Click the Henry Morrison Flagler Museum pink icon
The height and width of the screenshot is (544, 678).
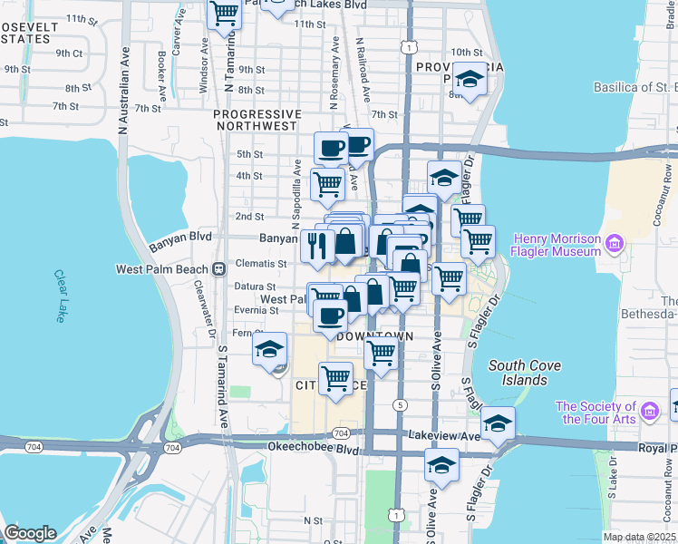click(x=614, y=242)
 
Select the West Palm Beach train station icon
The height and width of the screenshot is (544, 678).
click(x=218, y=269)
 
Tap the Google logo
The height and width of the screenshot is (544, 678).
click(x=29, y=533)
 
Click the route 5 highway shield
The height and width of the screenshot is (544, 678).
click(x=399, y=403)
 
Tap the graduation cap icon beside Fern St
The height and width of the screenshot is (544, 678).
click(x=270, y=349)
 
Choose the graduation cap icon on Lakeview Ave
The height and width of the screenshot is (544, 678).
click(x=498, y=423)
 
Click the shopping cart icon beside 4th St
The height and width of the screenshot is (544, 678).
click(x=327, y=183)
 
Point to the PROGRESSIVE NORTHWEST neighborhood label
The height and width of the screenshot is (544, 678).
click(x=256, y=120)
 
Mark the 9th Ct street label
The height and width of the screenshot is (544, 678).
click(x=68, y=53)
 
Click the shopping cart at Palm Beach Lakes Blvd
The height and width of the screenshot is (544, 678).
click(x=224, y=15)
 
